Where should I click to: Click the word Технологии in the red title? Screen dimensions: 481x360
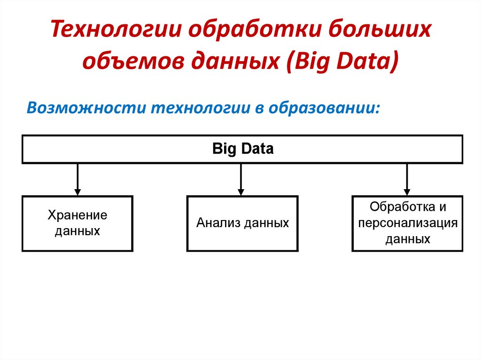(116, 31)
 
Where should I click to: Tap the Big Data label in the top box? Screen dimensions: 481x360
(243, 149)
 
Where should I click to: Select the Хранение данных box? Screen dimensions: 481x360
(78, 223)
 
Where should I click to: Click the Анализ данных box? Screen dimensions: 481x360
(242, 223)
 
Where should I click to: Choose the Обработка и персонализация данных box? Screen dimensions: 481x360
(407, 223)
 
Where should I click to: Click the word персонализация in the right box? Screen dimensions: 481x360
(407, 223)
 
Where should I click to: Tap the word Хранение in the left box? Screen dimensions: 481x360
(78, 215)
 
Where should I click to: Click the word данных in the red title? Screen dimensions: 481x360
(236, 62)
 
